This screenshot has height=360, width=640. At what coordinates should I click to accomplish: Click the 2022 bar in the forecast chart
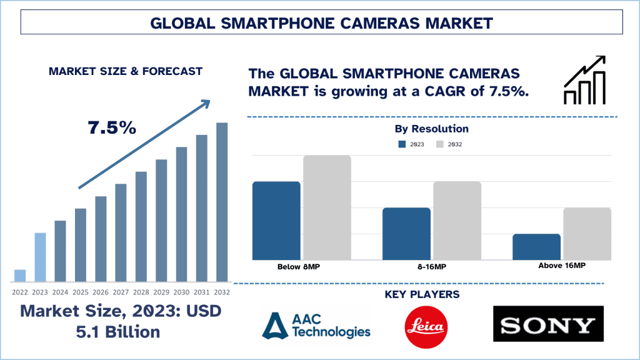[x=20, y=276]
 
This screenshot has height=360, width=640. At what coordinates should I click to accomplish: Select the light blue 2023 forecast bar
[x=40, y=257]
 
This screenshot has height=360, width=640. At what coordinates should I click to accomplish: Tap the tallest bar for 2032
[x=221, y=201]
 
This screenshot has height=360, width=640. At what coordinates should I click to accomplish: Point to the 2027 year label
[x=121, y=292]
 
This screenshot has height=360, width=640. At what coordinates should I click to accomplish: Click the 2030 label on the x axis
[x=181, y=292]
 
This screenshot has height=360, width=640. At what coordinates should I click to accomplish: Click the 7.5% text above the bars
[x=112, y=128]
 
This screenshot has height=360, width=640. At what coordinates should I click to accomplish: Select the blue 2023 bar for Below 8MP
[x=276, y=220]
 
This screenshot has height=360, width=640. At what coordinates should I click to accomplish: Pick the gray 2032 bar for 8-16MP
[x=457, y=220]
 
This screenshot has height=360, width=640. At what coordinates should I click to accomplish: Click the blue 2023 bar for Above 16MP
[x=536, y=246]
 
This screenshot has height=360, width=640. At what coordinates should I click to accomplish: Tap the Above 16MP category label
[x=561, y=266]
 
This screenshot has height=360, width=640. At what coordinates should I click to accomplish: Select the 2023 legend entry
[x=410, y=144]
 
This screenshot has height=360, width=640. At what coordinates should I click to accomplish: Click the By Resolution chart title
[x=431, y=129]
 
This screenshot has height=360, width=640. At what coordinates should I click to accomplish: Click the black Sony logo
[x=547, y=324]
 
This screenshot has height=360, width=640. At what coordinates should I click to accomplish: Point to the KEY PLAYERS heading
[x=431, y=294]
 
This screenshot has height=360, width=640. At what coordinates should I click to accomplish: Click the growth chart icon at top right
[x=584, y=80]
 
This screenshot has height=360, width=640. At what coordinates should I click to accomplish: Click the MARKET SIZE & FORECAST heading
[x=126, y=71]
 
